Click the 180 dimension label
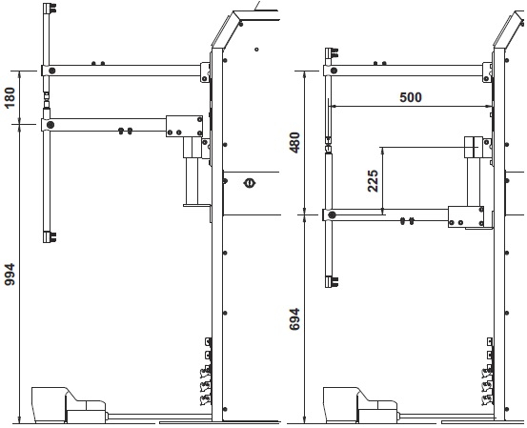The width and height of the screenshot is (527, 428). (x=10, y=97)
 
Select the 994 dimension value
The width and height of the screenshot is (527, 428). (x=10, y=275)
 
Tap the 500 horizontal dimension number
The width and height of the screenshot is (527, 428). (x=411, y=97)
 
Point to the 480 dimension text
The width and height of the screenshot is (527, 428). (x=294, y=143)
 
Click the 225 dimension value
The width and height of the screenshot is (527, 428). (x=373, y=181)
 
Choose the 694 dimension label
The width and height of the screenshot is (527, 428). (x=294, y=319)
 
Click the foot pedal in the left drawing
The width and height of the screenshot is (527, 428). (x=69, y=405)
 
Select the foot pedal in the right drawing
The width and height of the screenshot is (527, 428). (x=360, y=405)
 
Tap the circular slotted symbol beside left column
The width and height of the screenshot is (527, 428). (x=250, y=183)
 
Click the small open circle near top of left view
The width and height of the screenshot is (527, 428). (x=256, y=50)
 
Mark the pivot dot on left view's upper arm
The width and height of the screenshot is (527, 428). (x=51, y=71)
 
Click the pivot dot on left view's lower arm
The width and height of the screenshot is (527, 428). (x=51, y=125)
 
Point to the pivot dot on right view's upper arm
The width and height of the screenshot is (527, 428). (x=334, y=71)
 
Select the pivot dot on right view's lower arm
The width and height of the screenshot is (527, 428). (x=332, y=214)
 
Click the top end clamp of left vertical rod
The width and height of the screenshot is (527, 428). (x=50, y=8)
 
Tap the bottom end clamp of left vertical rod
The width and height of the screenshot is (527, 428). (x=50, y=237)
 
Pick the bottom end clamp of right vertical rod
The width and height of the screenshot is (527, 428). (x=332, y=282)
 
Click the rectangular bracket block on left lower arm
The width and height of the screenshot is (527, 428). (x=184, y=127)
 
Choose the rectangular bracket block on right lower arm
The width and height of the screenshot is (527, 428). (x=466, y=216)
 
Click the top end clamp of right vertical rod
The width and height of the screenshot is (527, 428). (x=332, y=53)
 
